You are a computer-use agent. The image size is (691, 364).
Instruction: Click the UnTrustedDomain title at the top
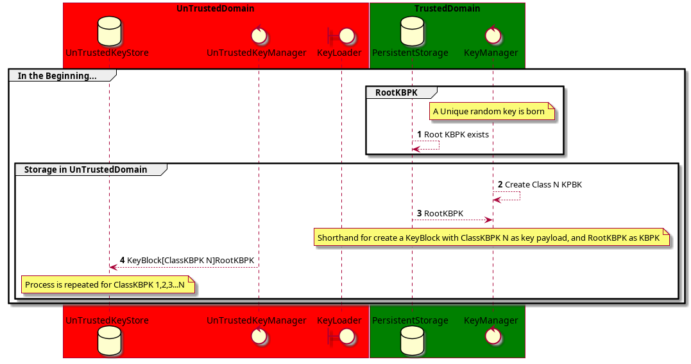coord(215,9)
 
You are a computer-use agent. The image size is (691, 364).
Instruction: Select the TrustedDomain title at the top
coord(447,9)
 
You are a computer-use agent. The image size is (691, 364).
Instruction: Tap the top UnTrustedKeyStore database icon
coord(108,31)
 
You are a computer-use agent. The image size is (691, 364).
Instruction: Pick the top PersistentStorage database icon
coord(412,31)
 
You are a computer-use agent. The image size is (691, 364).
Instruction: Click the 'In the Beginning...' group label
coord(57,76)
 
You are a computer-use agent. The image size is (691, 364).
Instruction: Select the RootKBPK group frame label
coord(396,92)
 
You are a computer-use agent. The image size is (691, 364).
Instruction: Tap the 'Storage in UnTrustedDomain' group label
coord(85,169)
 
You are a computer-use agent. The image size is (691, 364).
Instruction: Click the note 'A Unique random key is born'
coord(489,112)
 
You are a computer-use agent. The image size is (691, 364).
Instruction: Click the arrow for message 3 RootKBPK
coord(452,220)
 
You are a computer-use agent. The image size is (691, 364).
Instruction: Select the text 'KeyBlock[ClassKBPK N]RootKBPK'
coord(191,261)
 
